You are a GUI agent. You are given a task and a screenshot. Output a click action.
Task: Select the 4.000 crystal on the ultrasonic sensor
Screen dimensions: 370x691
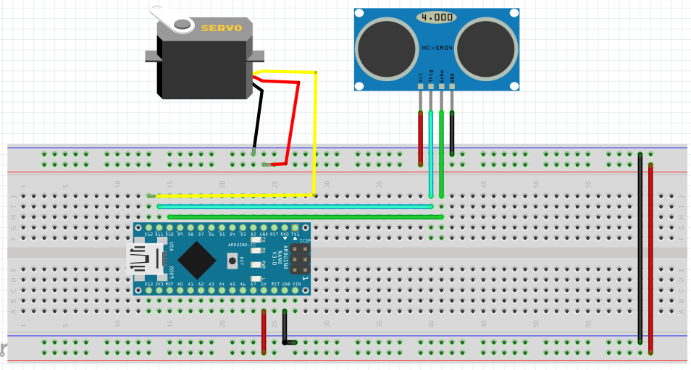click(436, 17)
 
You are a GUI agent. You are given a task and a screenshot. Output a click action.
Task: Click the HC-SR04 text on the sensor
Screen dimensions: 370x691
click(437, 49)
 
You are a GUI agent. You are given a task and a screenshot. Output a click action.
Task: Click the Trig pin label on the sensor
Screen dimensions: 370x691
click(431, 76)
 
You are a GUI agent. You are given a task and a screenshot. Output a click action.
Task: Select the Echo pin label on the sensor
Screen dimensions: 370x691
click(441, 76)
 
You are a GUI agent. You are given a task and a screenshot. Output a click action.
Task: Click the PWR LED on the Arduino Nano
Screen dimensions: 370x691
click(256, 264)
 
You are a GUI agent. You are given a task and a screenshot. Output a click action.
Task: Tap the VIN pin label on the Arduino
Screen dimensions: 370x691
click(296, 284)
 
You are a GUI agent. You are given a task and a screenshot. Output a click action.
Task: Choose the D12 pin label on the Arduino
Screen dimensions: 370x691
click(148, 235)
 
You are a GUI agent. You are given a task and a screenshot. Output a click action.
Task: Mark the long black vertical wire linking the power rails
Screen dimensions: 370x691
click(640, 246)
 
